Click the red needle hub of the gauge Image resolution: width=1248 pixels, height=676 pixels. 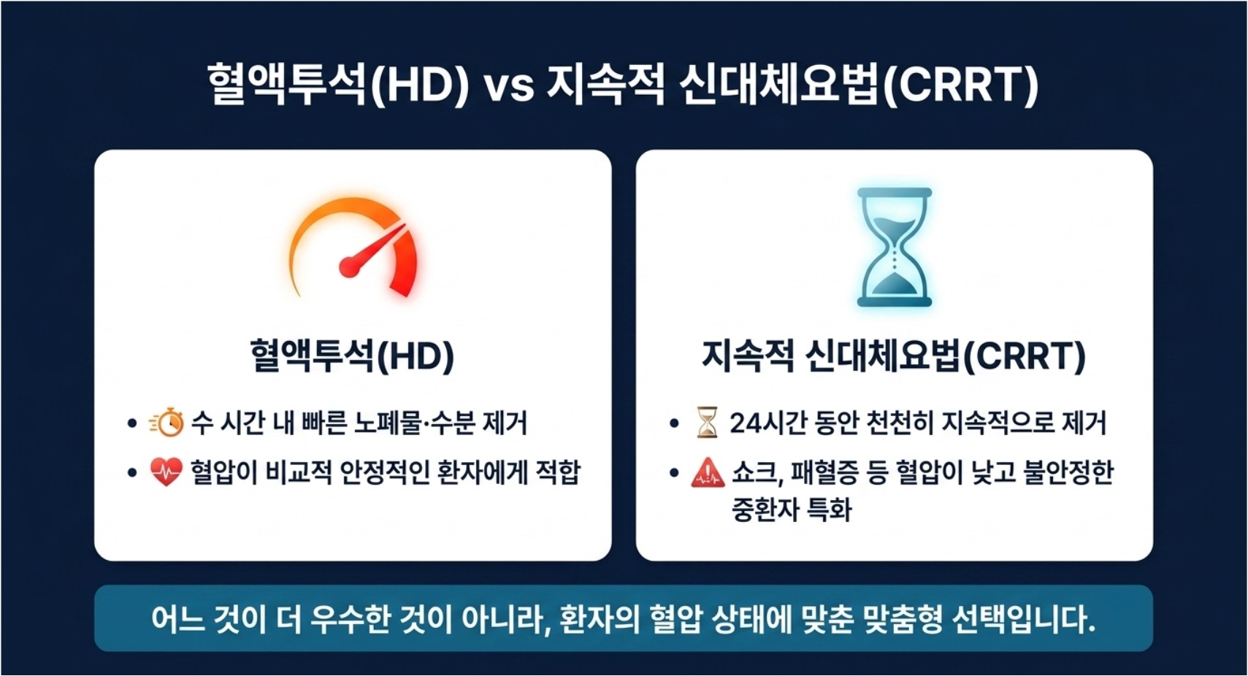pyautogui.click(x=350, y=266)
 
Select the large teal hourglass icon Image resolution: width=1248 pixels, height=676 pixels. pyautogui.click(x=895, y=247)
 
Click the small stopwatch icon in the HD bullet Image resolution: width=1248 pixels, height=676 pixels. pyautogui.click(x=166, y=423)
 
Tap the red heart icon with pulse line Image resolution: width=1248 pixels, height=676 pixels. pyautogui.click(x=166, y=472)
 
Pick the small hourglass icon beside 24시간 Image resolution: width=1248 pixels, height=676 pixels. pyautogui.click(x=707, y=423)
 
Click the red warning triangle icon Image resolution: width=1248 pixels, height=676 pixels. pyautogui.click(x=708, y=473)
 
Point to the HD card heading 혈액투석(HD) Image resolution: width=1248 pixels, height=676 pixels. pyautogui.click(x=352, y=356)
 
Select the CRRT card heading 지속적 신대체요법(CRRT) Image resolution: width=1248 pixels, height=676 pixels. pyautogui.click(x=894, y=356)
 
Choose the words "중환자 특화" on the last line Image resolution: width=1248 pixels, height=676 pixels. pyautogui.click(x=792, y=510)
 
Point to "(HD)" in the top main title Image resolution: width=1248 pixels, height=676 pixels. pyautogui.click(x=419, y=85)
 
